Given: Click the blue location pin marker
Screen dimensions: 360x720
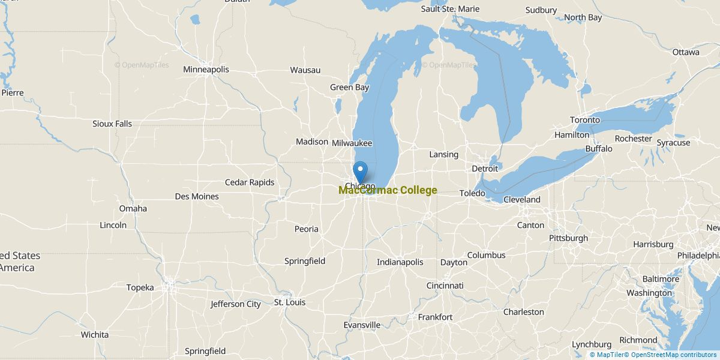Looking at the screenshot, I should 360,172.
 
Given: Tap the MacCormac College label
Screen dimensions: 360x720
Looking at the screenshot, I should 388,191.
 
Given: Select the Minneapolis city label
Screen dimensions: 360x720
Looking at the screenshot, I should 206,70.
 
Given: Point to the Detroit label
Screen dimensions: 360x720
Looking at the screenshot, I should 485,169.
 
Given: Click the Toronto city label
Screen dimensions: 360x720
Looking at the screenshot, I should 584,120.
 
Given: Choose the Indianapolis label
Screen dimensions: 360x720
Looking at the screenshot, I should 400,262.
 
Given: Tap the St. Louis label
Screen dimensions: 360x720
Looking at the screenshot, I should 290,302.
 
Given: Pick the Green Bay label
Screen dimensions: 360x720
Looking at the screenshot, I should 349,88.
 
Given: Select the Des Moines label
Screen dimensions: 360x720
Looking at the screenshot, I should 197,196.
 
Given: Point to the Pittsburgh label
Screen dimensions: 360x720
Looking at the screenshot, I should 568,238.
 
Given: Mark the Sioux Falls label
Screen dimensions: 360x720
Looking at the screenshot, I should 112,124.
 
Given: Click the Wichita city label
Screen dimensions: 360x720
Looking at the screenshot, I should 95,335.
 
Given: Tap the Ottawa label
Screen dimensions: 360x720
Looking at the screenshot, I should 686,52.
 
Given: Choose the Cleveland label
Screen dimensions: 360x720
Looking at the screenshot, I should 521,200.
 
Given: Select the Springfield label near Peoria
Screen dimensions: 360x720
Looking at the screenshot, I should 305,261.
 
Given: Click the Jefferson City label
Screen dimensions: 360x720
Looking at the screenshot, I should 236,304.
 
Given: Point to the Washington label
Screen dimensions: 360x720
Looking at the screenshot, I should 649,293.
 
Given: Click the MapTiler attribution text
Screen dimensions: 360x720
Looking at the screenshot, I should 607,355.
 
